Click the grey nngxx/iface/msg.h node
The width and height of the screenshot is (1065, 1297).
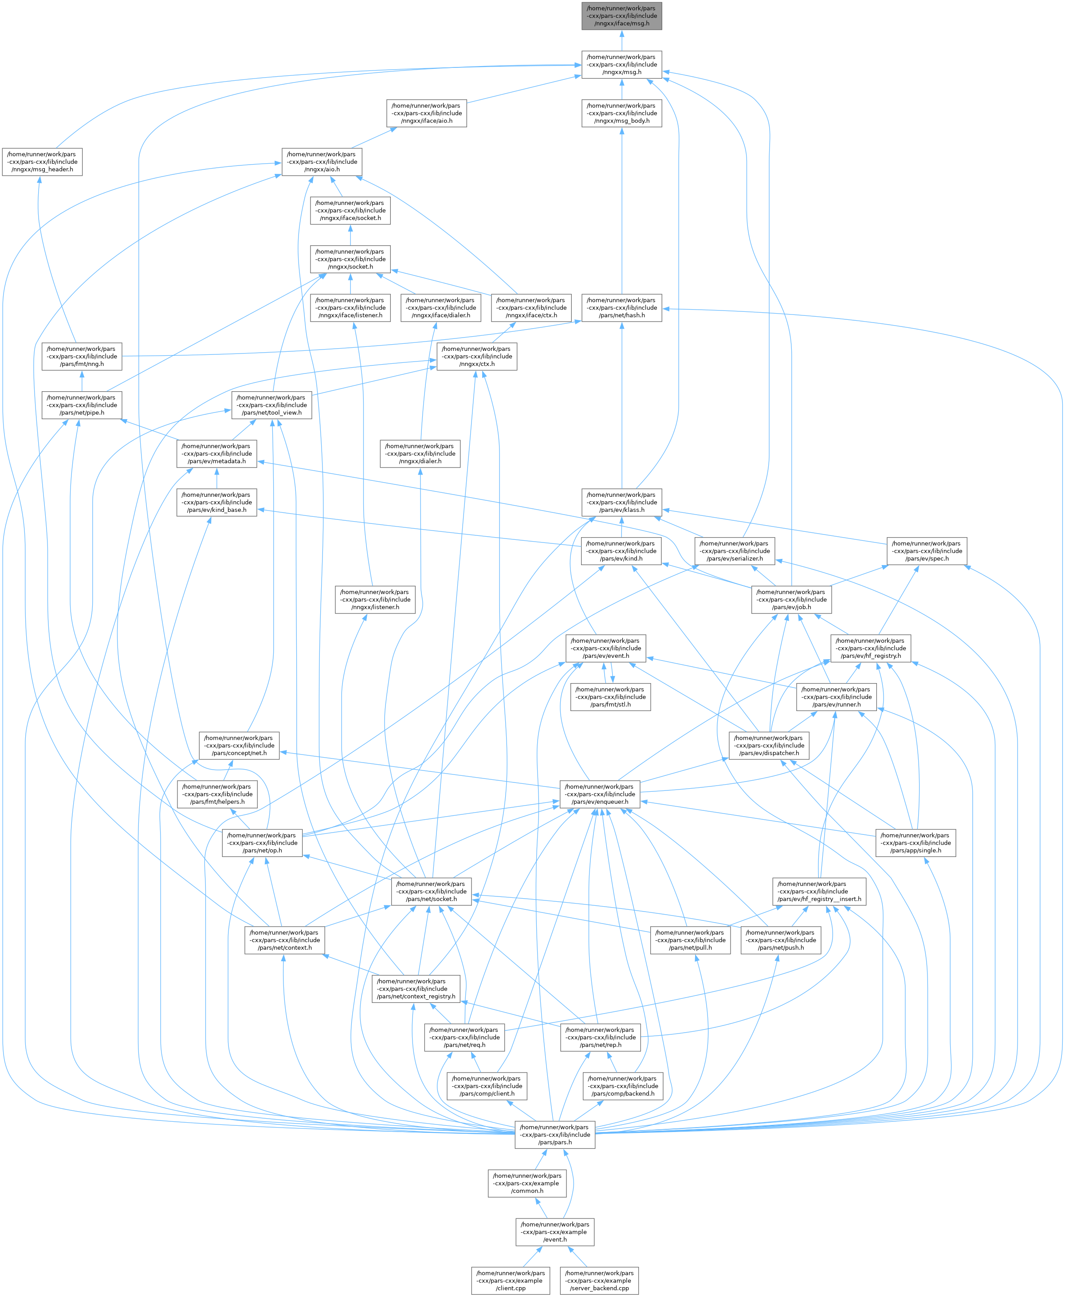(621, 16)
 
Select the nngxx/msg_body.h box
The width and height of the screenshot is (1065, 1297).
(621, 114)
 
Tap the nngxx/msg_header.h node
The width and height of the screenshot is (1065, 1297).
(42, 162)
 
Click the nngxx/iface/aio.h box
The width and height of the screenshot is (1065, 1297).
(426, 114)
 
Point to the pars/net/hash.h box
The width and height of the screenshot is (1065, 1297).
(621, 308)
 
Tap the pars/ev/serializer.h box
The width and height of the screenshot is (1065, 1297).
(735, 551)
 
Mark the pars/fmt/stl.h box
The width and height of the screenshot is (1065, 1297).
(610, 697)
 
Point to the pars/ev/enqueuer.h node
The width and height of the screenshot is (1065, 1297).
(599, 794)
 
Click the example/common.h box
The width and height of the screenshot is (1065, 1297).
(527, 1183)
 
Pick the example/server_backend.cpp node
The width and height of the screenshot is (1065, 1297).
(599, 1281)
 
